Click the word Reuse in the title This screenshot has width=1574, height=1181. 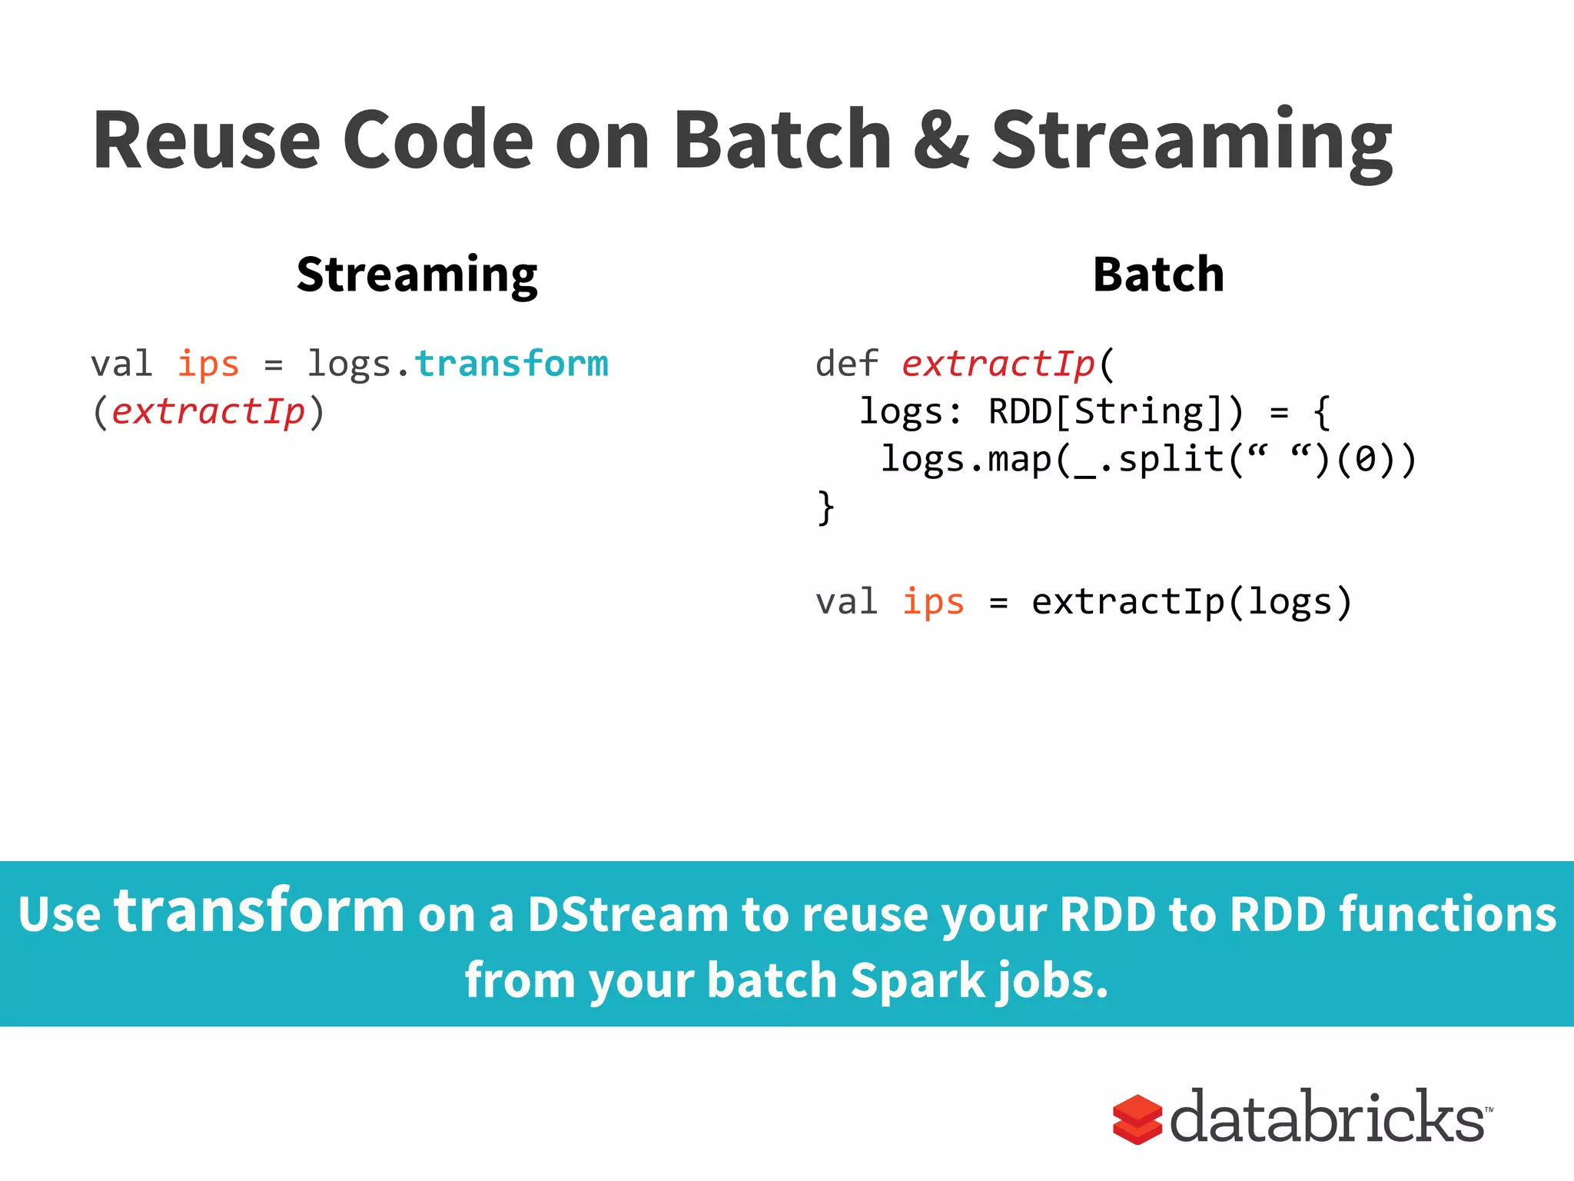(x=206, y=140)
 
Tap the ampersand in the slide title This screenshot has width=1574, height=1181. (x=941, y=140)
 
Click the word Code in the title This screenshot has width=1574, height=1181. (x=437, y=140)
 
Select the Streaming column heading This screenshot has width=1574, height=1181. (x=417, y=275)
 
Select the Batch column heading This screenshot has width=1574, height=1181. (x=1158, y=274)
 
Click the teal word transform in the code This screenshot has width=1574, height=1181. (x=512, y=364)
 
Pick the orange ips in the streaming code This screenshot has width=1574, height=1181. (x=208, y=364)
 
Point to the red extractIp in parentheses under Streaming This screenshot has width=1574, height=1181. (x=208, y=411)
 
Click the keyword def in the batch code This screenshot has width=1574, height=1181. (x=846, y=364)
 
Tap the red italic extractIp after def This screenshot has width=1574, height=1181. (x=998, y=364)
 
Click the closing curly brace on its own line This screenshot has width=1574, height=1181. (x=825, y=507)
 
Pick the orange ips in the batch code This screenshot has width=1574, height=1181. (x=932, y=601)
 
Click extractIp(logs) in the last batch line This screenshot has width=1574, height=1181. (x=1190, y=601)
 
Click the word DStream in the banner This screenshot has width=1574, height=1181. (x=628, y=915)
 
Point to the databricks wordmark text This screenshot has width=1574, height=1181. (x=1327, y=1117)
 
